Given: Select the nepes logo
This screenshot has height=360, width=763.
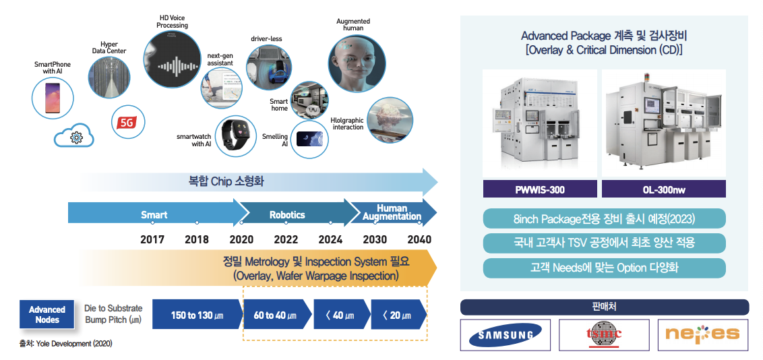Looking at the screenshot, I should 702,334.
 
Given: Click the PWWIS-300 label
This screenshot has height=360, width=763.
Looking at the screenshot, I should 540,190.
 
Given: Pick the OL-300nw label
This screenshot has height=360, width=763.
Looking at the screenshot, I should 663,190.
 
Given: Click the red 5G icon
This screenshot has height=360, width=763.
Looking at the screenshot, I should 126,122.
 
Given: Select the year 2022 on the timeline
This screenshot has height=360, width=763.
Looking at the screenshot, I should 286,239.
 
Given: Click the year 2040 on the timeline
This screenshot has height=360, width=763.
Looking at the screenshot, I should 419,239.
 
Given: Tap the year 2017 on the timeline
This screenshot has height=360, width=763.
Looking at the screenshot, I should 152,239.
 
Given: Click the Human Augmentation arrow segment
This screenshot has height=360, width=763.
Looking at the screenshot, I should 391,212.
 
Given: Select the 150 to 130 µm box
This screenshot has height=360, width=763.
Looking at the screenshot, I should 197,315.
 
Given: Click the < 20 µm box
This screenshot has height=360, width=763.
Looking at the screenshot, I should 397,315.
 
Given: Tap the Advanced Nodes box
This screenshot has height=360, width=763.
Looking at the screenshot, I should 47,315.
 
